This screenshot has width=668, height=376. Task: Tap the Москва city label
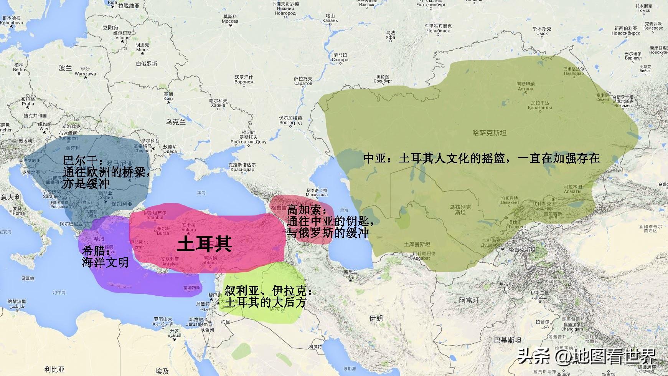pos(230,21)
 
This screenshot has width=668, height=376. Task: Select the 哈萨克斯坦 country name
pos(489,133)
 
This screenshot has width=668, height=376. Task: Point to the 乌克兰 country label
pos(176,122)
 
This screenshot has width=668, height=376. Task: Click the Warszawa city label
pos(85,74)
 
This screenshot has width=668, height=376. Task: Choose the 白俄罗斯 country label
pos(147,64)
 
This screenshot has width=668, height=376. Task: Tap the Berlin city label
pos(19,70)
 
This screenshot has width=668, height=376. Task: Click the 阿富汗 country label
pos(469,300)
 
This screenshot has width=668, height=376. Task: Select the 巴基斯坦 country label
pos(508,340)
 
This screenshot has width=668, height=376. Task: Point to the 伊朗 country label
pos(376,318)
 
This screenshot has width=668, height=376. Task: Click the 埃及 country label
pos(162,371)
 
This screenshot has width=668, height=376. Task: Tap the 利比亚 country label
pos(54,369)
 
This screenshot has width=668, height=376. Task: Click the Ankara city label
pos(189,230)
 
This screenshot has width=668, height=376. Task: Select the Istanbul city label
pos(155,217)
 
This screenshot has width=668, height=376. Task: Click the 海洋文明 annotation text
pos(105,262)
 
